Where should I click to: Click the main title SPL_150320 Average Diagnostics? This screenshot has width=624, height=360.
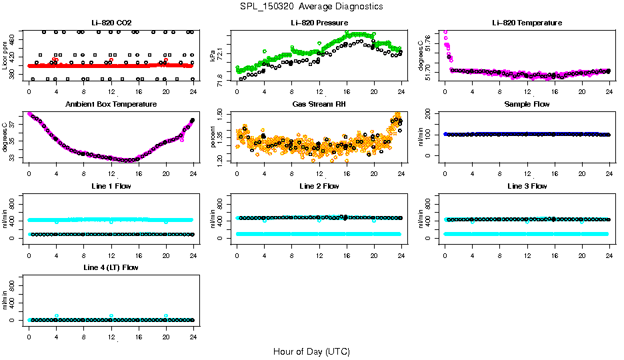[x=311, y=6]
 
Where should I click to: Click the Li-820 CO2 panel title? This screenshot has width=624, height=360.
[x=111, y=23]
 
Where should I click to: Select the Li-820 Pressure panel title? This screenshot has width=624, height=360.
[x=319, y=23]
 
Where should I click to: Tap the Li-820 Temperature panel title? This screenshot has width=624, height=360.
[x=527, y=23]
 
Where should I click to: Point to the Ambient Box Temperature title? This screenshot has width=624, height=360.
[x=111, y=105]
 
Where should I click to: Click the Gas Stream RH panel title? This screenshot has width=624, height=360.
[x=319, y=105]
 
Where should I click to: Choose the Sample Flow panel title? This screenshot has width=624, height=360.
[x=527, y=105]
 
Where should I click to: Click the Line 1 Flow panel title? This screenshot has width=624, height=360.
[x=111, y=186]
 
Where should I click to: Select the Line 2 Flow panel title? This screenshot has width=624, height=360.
[x=319, y=186]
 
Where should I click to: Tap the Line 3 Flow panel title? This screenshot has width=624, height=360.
[x=527, y=186]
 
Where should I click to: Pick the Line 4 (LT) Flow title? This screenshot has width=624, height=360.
[x=111, y=267]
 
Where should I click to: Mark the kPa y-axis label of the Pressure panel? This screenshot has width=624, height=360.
[x=213, y=56]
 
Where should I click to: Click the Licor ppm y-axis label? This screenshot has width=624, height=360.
[x=6, y=56]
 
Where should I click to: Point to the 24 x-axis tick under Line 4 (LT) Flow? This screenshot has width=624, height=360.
[x=193, y=329]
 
